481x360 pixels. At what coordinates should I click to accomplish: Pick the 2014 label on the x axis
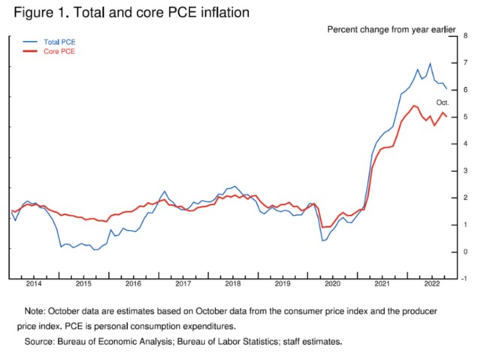[x=34, y=284]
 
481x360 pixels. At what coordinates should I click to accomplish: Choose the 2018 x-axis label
[x=231, y=284]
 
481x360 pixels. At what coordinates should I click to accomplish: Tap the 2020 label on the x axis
[x=331, y=284]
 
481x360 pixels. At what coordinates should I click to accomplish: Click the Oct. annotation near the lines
[x=443, y=101]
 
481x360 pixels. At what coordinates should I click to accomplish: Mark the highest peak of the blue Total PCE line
[x=430, y=64]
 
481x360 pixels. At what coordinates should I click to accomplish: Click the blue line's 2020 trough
[x=322, y=241]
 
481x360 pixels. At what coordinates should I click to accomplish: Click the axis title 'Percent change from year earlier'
[x=391, y=29]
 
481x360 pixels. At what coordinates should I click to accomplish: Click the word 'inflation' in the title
[x=223, y=13]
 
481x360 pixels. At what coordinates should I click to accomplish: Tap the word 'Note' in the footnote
[x=35, y=310]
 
